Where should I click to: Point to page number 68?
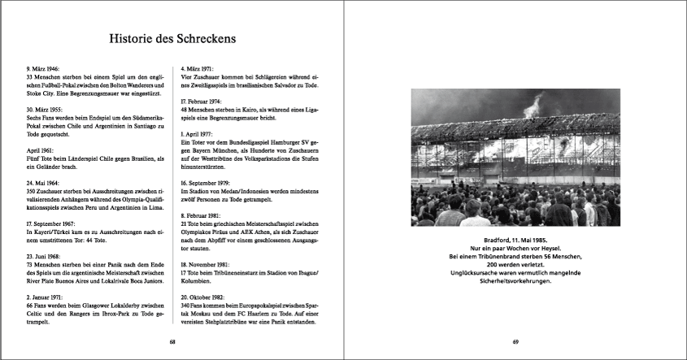click(172, 342)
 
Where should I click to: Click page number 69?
click(515, 342)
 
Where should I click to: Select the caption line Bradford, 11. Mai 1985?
click(515, 241)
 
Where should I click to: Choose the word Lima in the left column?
click(157, 207)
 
